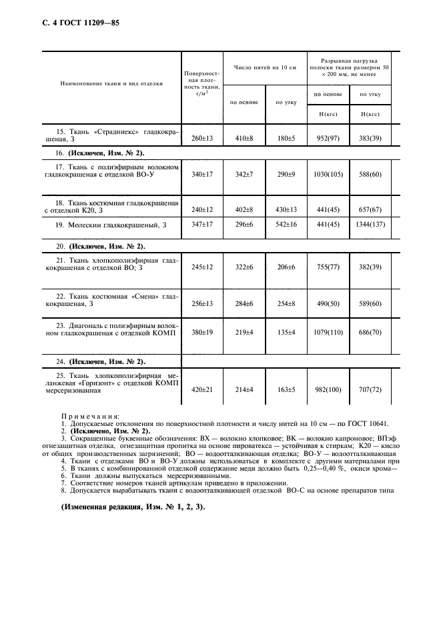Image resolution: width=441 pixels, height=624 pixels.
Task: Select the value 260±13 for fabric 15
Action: pos(201,138)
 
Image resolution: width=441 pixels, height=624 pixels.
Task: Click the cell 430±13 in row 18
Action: pos(286,210)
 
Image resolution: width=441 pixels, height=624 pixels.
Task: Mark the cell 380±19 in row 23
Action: pos(201,332)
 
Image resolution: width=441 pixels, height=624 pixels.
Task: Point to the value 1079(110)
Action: pos(328,332)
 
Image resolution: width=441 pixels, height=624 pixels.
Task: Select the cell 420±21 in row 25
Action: pos(201,389)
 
